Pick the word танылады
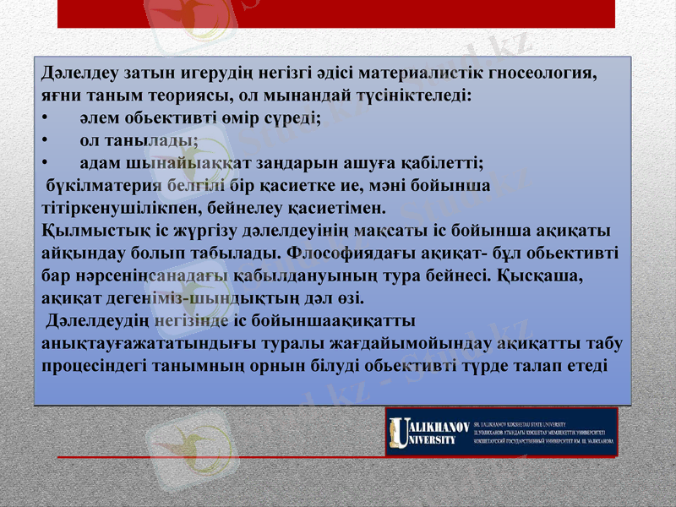tap(150, 140)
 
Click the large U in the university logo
tap(396, 432)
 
